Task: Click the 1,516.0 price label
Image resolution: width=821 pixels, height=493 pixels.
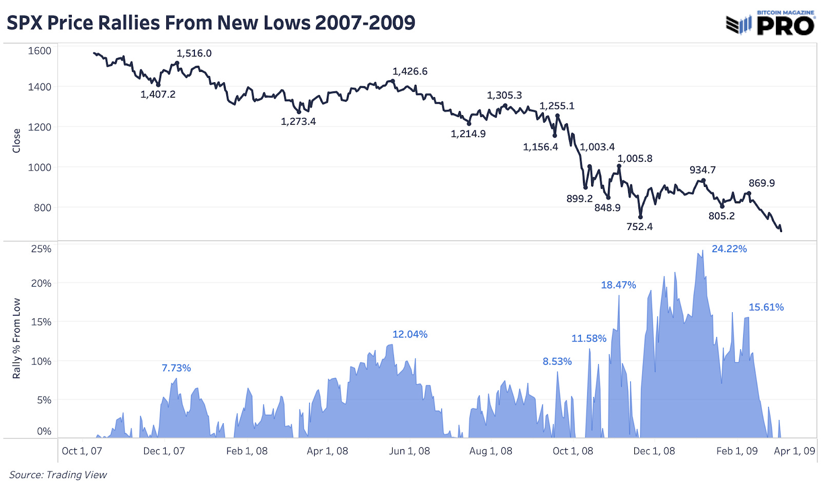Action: (x=194, y=53)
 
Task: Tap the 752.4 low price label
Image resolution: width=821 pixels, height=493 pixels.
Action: (x=639, y=226)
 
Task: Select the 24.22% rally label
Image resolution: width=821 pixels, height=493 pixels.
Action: (x=729, y=249)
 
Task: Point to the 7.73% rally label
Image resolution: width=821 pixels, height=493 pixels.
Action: (x=176, y=368)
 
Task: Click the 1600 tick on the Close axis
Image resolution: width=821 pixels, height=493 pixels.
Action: (x=40, y=51)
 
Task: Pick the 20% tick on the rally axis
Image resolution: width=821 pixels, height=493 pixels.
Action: (x=41, y=283)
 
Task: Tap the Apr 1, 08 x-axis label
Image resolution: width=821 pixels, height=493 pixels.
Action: (x=327, y=451)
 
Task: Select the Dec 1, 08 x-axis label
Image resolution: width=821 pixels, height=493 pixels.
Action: (x=654, y=451)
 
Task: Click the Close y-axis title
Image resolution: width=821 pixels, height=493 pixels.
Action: (x=16, y=141)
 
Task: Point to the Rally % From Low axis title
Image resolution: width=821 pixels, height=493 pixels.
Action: (x=16, y=338)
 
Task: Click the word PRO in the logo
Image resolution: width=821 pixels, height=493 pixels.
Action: (x=785, y=26)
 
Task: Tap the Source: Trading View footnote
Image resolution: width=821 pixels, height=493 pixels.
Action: (x=58, y=475)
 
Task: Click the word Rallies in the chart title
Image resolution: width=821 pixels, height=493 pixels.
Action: (x=129, y=23)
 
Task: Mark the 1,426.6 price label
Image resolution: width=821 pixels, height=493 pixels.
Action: (x=410, y=71)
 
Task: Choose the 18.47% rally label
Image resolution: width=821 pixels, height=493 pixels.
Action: (x=618, y=285)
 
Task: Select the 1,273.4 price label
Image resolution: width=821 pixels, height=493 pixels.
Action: (x=298, y=122)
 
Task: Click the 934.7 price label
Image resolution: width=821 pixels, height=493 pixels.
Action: (x=702, y=170)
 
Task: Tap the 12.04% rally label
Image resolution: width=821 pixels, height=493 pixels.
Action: (x=410, y=334)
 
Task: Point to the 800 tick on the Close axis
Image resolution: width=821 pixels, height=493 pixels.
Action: (x=43, y=208)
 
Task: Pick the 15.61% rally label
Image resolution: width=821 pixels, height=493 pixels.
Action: (x=766, y=308)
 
